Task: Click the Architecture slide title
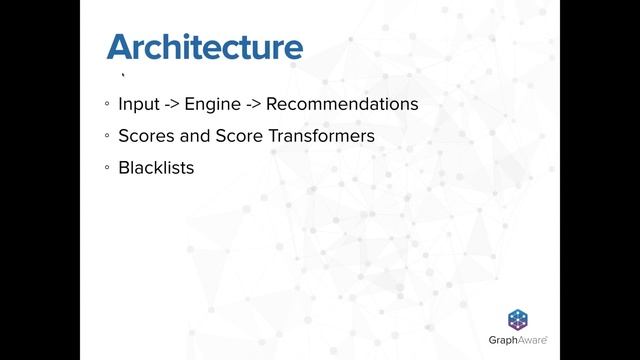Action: click(x=204, y=47)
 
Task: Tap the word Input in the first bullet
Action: click(x=137, y=104)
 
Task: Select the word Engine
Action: click(x=208, y=104)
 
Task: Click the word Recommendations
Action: click(x=341, y=104)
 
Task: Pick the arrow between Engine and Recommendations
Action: click(x=250, y=104)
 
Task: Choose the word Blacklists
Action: click(x=155, y=168)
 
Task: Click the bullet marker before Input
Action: click(x=106, y=105)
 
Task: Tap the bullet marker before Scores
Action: click(x=106, y=137)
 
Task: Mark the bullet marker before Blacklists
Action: click(x=106, y=169)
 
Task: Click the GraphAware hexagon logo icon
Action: click(x=518, y=320)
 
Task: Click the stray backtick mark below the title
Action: click(x=122, y=76)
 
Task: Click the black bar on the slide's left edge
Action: click(x=40, y=180)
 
